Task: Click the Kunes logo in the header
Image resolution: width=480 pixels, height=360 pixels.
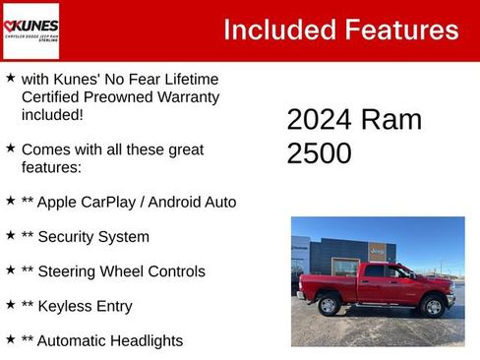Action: click(x=31, y=30)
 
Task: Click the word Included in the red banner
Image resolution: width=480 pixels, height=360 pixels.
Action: click(x=276, y=30)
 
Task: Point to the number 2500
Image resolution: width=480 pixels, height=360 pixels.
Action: click(x=319, y=153)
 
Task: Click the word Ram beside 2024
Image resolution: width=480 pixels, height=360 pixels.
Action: click(x=391, y=120)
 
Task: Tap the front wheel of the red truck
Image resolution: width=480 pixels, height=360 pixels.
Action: click(x=432, y=307)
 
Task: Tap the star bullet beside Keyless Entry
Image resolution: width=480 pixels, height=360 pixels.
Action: click(x=10, y=305)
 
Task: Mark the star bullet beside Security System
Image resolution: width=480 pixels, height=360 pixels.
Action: click(x=10, y=235)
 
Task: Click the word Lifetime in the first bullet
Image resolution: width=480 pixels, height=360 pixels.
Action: click(x=187, y=79)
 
